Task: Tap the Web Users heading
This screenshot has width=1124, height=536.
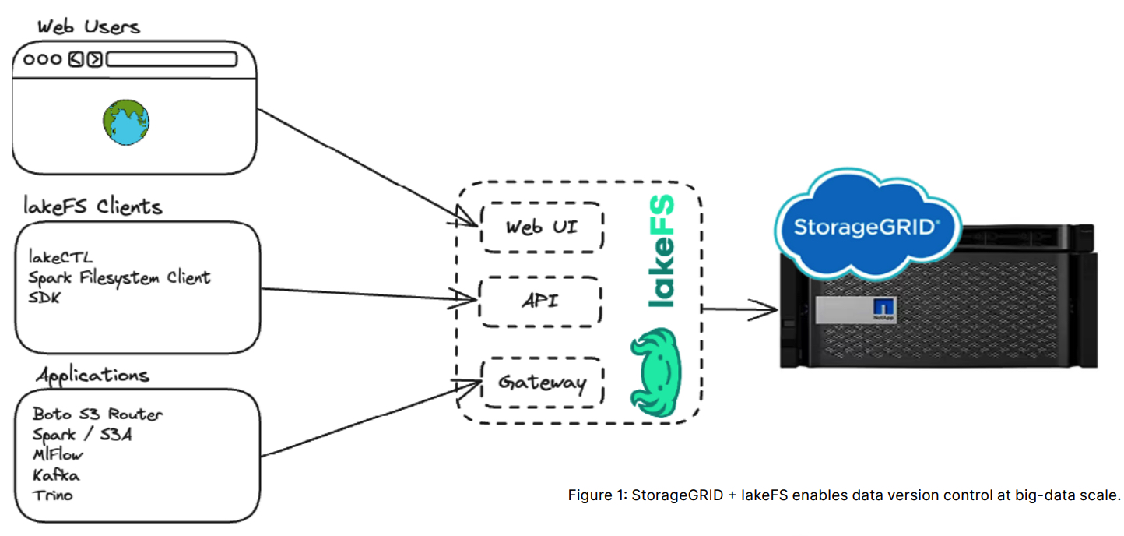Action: click(89, 26)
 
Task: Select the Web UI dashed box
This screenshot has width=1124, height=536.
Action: click(542, 227)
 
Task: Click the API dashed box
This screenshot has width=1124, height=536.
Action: click(540, 301)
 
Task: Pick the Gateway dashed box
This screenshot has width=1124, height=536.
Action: click(542, 383)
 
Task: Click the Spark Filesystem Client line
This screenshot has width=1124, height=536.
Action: click(119, 277)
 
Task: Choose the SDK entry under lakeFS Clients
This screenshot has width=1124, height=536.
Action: click(44, 298)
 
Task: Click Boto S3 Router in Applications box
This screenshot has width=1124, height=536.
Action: click(98, 414)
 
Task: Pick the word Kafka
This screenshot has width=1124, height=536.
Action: click(55, 474)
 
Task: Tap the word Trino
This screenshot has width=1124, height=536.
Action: click(53, 495)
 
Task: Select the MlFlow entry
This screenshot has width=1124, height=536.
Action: click(58, 454)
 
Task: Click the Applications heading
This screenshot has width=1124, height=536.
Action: click(92, 375)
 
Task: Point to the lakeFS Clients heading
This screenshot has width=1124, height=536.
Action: click(92, 207)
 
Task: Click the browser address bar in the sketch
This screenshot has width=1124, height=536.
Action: click(171, 59)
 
